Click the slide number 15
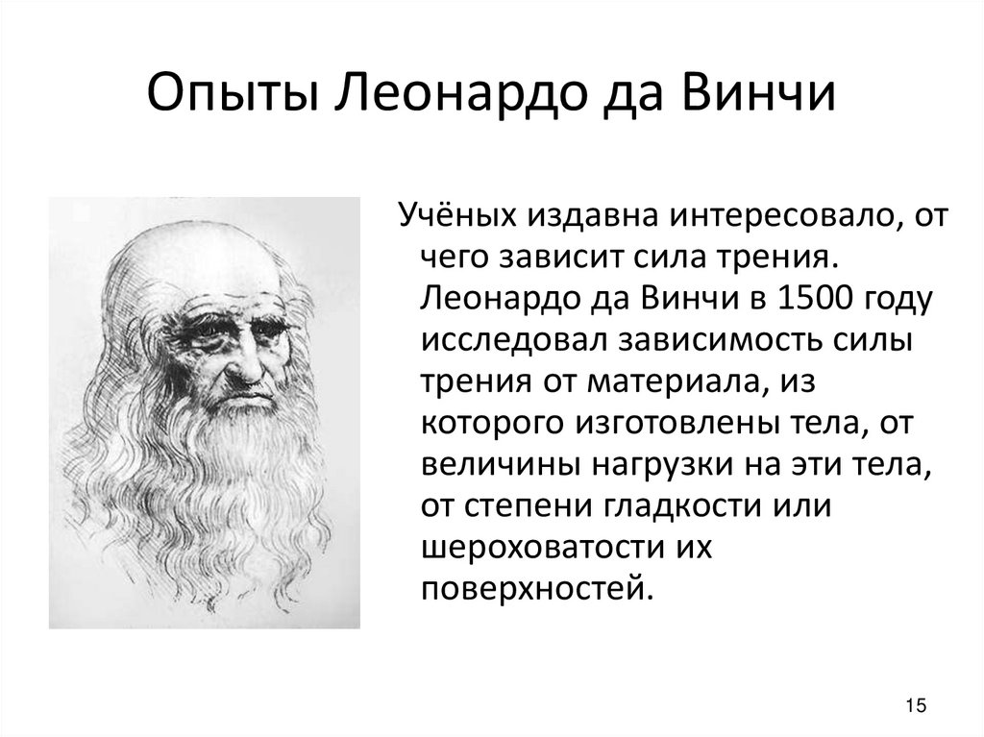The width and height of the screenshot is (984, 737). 916,706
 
